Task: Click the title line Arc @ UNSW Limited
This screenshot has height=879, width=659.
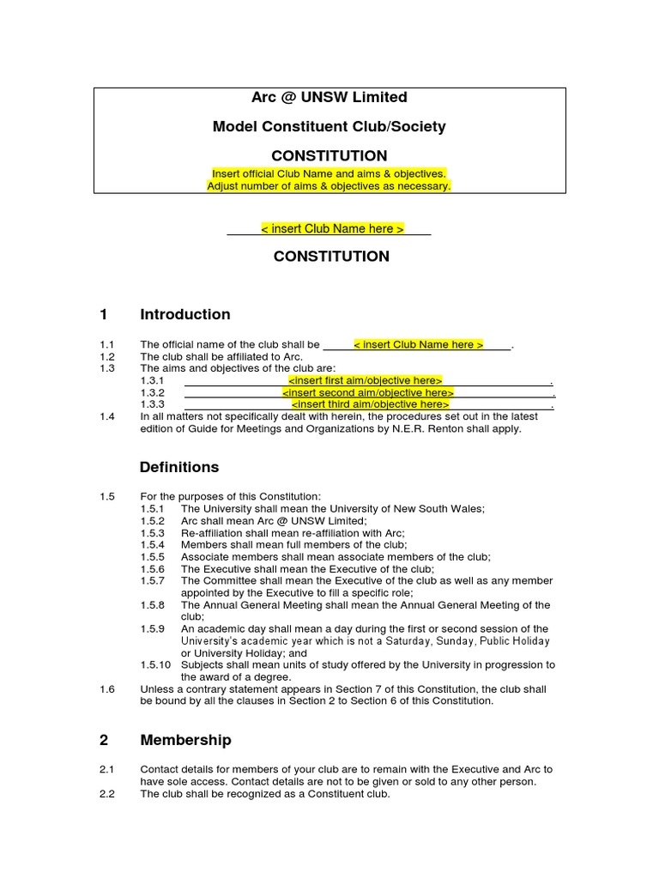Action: [329, 97]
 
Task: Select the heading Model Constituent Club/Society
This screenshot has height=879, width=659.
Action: [329, 126]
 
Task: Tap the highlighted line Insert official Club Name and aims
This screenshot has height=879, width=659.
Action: [329, 173]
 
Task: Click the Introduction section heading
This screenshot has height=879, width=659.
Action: [184, 314]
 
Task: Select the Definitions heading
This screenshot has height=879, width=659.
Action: [178, 467]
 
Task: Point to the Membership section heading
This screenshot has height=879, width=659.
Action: [185, 740]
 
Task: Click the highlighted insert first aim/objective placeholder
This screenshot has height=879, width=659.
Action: [366, 380]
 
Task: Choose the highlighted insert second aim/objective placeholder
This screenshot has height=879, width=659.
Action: [368, 392]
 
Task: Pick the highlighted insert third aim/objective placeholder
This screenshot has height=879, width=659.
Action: [370, 404]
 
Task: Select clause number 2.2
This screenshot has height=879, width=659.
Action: [107, 794]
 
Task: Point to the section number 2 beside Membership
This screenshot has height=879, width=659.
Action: [104, 740]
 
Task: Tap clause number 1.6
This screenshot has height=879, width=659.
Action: [107, 689]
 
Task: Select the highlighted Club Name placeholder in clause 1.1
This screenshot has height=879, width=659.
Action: [419, 345]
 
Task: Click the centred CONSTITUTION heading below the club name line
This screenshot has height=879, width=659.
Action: [330, 256]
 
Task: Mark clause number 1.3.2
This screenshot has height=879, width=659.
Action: [152, 392]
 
